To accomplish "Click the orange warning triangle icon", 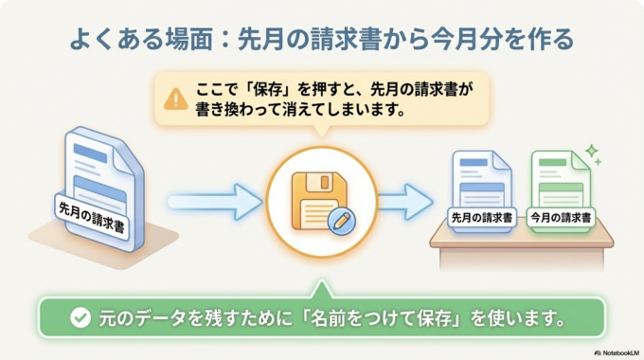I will [175, 99].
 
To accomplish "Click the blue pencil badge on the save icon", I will [336, 221].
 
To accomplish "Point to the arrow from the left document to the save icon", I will [213, 200].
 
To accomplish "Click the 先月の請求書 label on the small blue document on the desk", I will [482, 217].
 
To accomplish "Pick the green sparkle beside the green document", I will [592, 152].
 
